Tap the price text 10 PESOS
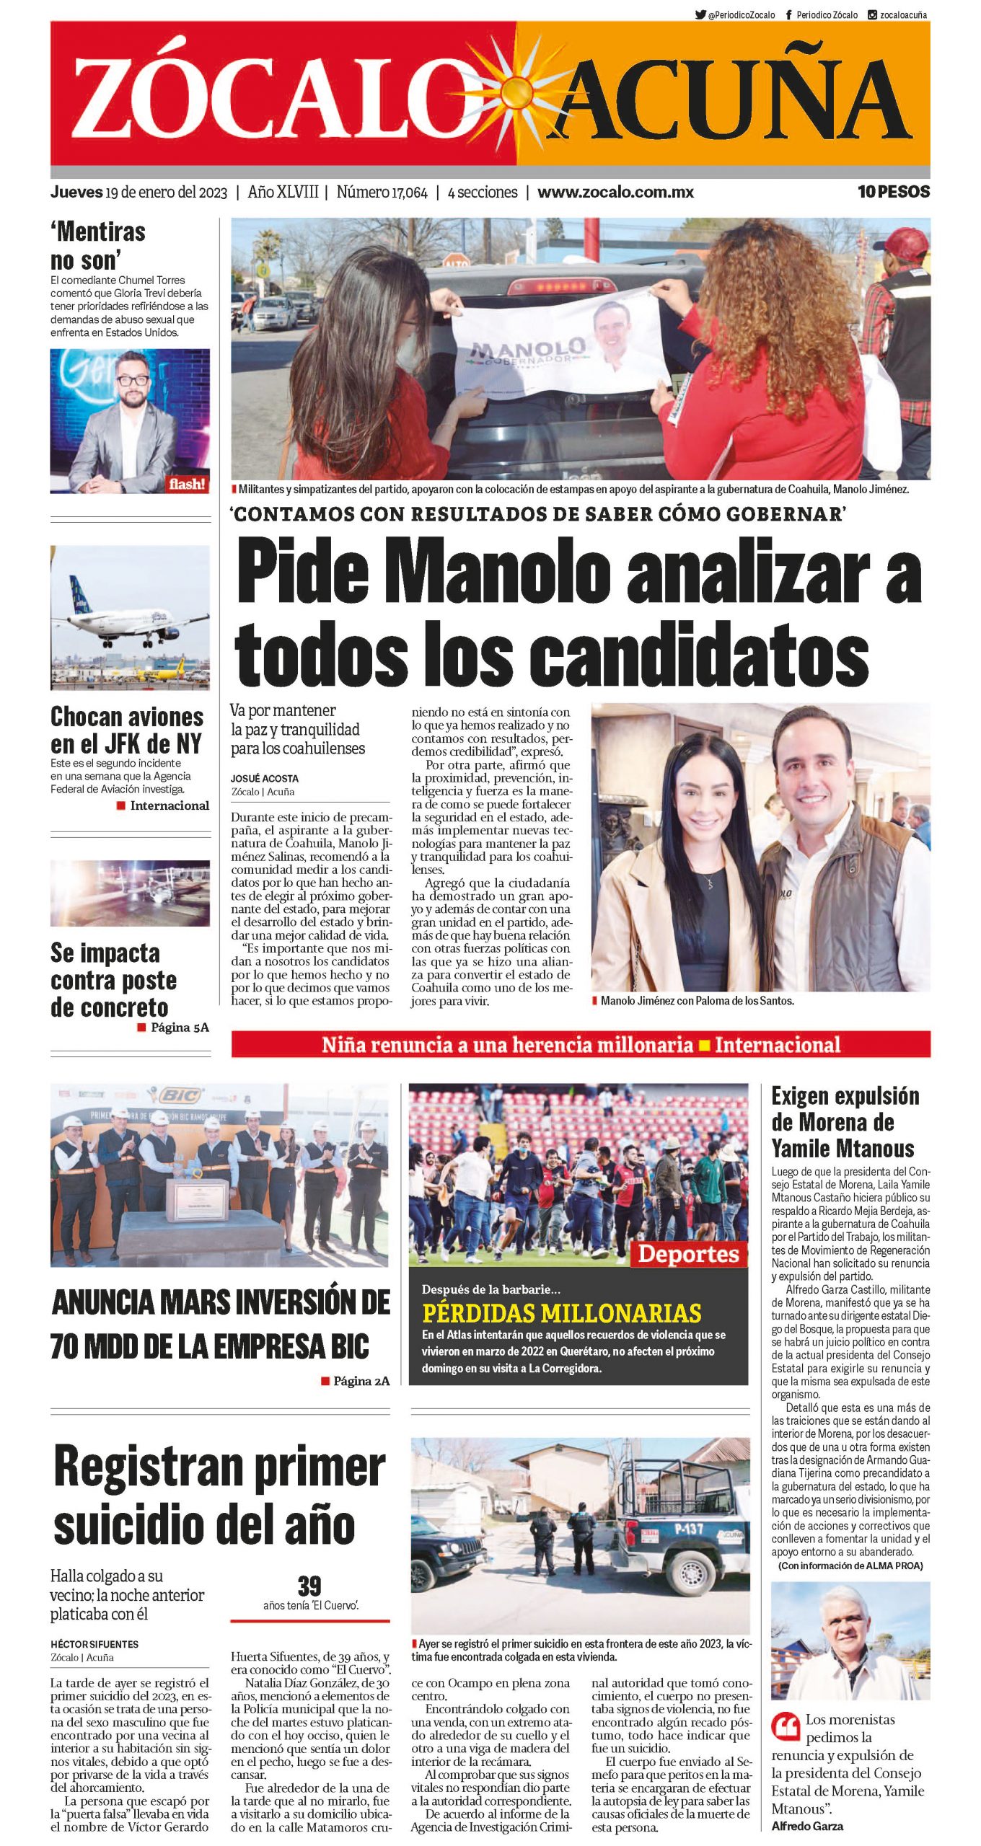click(893, 192)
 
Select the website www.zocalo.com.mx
click(615, 193)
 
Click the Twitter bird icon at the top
click(700, 14)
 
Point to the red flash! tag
click(187, 484)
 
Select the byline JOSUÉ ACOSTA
click(264, 779)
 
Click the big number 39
click(309, 1586)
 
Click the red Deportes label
click(688, 1254)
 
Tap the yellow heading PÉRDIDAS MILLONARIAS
click(561, 1312)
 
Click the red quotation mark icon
click(786, 1726)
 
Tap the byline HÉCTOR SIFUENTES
click(94, 1644)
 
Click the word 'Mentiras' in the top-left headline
click(101, 232)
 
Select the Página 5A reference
click(179, 1028)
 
